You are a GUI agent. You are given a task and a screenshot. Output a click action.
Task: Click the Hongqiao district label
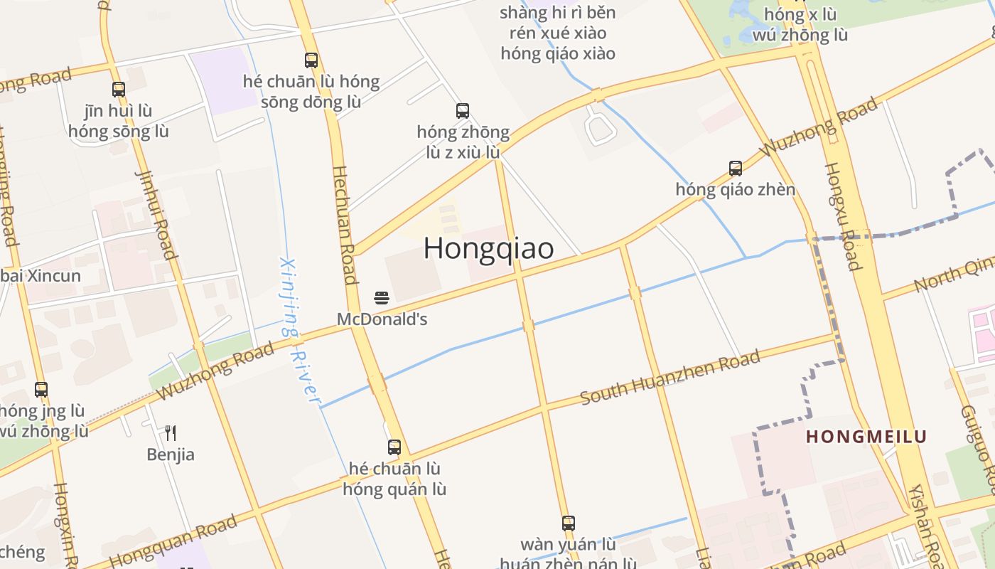coord(489,248)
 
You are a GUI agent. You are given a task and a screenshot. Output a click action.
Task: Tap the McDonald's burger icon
coord(382,297)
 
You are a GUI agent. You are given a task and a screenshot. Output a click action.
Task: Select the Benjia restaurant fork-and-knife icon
coord(171,432)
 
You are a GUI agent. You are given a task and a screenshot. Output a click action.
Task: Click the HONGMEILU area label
coord(866,437)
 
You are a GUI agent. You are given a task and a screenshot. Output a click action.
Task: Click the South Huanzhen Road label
coord(670,377)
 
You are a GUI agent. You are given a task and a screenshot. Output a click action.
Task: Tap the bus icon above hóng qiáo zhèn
coord(736,169)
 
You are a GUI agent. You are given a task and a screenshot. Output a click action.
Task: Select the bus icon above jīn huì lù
coord(119,90)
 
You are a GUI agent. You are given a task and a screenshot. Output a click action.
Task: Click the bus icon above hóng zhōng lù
coord(463,110)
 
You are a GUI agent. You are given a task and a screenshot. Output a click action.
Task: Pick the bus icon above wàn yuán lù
coord(568,523)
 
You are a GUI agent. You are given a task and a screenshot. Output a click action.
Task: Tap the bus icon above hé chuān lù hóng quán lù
coord(394,447)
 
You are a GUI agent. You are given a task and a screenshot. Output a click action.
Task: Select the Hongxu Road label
coord(841,216)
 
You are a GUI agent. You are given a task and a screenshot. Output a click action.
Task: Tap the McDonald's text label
coord(382,319)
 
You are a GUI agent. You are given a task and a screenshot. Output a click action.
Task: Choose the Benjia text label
coord(171,454)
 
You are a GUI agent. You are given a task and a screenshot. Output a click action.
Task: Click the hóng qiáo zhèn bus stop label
coord(736,190)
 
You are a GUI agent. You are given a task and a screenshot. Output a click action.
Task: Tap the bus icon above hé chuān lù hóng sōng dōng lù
coord(311,60)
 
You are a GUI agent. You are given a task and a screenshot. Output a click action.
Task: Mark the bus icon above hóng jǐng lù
coord(41,390)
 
